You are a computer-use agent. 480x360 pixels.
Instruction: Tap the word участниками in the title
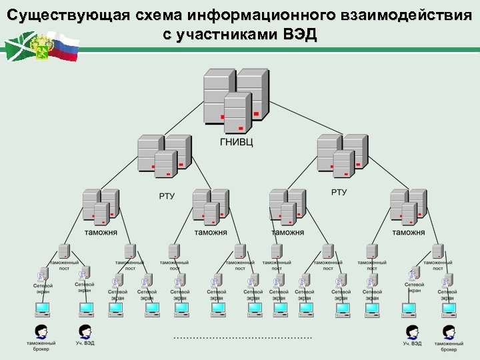tap(231, 35)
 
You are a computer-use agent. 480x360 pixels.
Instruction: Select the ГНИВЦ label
tap(236, 141)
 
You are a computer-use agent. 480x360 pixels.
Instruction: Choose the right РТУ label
tap(339, 192)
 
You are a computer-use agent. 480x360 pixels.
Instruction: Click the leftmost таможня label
tap(101, 232)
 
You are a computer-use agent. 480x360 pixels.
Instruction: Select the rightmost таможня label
tap(408, 232)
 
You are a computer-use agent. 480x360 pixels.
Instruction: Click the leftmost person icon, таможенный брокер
tap(41, 331)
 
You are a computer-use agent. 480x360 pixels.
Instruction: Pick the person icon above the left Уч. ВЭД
tap(85, 331)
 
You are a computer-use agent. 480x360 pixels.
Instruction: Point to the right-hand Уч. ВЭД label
tap(412, 344)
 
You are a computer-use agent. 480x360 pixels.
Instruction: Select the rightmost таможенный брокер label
tap(448, 346)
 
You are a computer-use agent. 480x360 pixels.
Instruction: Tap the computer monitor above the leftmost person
tap(42, 309)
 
